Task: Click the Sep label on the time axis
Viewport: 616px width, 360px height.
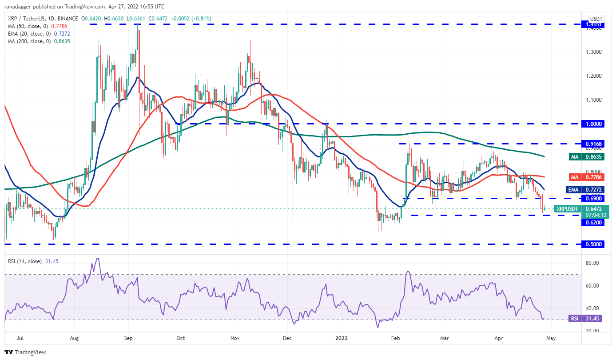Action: pos(128,338)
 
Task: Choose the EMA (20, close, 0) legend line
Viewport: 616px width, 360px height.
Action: pos(39,34)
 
